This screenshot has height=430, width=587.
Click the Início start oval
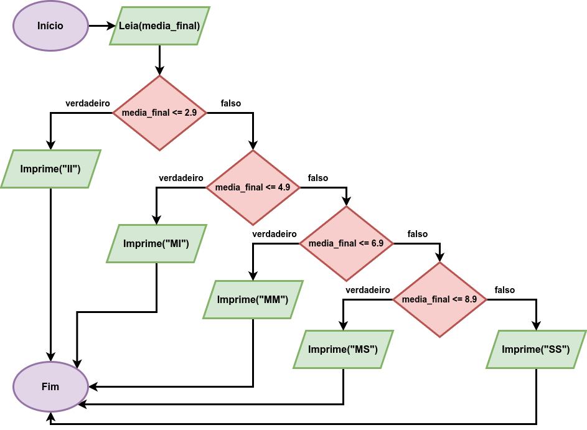pyautogui.click(x=50, y=26)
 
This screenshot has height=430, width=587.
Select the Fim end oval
pyautogui.click(x=50, y=386)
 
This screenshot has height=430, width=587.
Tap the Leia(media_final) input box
pyautogui.click(x=159, y=26)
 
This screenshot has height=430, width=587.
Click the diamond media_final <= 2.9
pyautogui.click(x=159, y=113)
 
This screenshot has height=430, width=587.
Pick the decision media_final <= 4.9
pyautogui.click(x=253, y=187)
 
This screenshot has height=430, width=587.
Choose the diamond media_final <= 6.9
pyautogui.click(x=346, y=244)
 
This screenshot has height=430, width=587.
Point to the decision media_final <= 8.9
pyautogui.click(x=439, y=299)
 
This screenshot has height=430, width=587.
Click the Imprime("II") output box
pyautogui.click(x=50, y=169)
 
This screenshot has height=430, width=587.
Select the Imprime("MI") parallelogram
pyautogui.click(x=156, y=244)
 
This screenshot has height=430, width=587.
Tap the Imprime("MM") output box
pyautogui.click(x=253, y=299)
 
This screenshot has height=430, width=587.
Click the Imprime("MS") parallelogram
pyautogui.click(x=343, y=349)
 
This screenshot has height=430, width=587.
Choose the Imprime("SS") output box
pyautogui.click(x=536, y=349)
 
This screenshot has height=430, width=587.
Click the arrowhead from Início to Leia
pyautogui.click(x=111, y=26)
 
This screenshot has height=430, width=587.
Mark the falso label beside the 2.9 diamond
pyautogui.click(x=230, y=103)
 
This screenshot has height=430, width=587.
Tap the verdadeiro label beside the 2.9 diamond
pyautogui.click(x=88, y=103)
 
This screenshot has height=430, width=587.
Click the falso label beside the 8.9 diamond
pyautogui.click(x=505, y=290)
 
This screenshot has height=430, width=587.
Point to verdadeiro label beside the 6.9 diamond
pyautogui.click(x=275, y=234)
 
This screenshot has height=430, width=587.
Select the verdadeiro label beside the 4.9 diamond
pyautogui.click(x=181, y=178)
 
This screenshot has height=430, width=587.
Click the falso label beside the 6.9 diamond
pyautogui.click(x=418, y=234)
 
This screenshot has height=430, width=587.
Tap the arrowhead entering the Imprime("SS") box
pyautogui.click(x=536, y=325)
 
